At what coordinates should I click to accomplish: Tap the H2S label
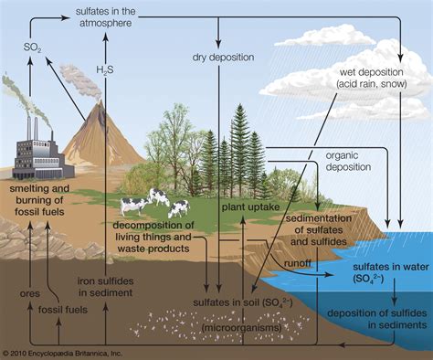(x=107, y=69)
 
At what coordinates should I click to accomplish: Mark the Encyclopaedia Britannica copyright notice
(x=69, y=352)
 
